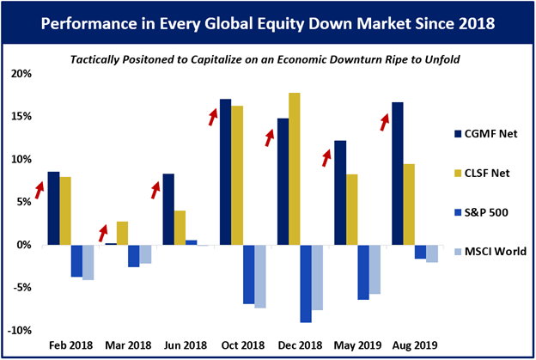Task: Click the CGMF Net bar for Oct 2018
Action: (225, 172)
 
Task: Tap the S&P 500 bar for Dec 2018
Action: (306, 284)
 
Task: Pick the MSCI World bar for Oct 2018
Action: (259, 276)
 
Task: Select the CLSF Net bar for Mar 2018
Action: (122, 233)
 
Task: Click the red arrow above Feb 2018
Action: (39, 188)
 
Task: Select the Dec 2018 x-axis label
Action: (299, 345)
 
